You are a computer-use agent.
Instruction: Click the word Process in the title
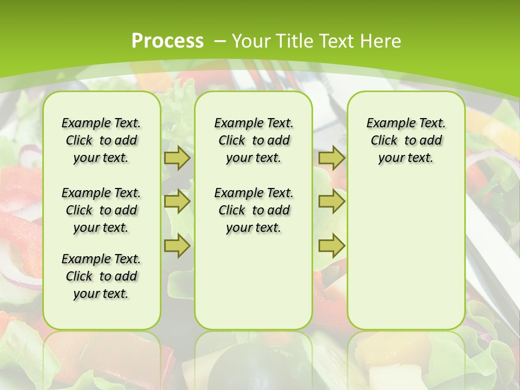167,41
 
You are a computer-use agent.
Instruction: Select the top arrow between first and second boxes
177,158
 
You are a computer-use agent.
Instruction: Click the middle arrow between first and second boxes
177,202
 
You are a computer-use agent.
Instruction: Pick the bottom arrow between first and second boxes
177,246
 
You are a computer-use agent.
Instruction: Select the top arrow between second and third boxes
331,158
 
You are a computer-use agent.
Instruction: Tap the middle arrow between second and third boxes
331,202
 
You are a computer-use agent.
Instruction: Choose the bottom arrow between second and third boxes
331,246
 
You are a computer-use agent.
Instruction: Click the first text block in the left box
101,140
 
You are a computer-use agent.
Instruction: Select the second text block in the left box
101,210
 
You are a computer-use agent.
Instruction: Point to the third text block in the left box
101,276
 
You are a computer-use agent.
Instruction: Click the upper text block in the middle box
253,140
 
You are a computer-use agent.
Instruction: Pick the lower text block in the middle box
253,210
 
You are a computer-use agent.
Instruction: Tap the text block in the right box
406,140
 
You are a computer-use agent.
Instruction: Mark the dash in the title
220,41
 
